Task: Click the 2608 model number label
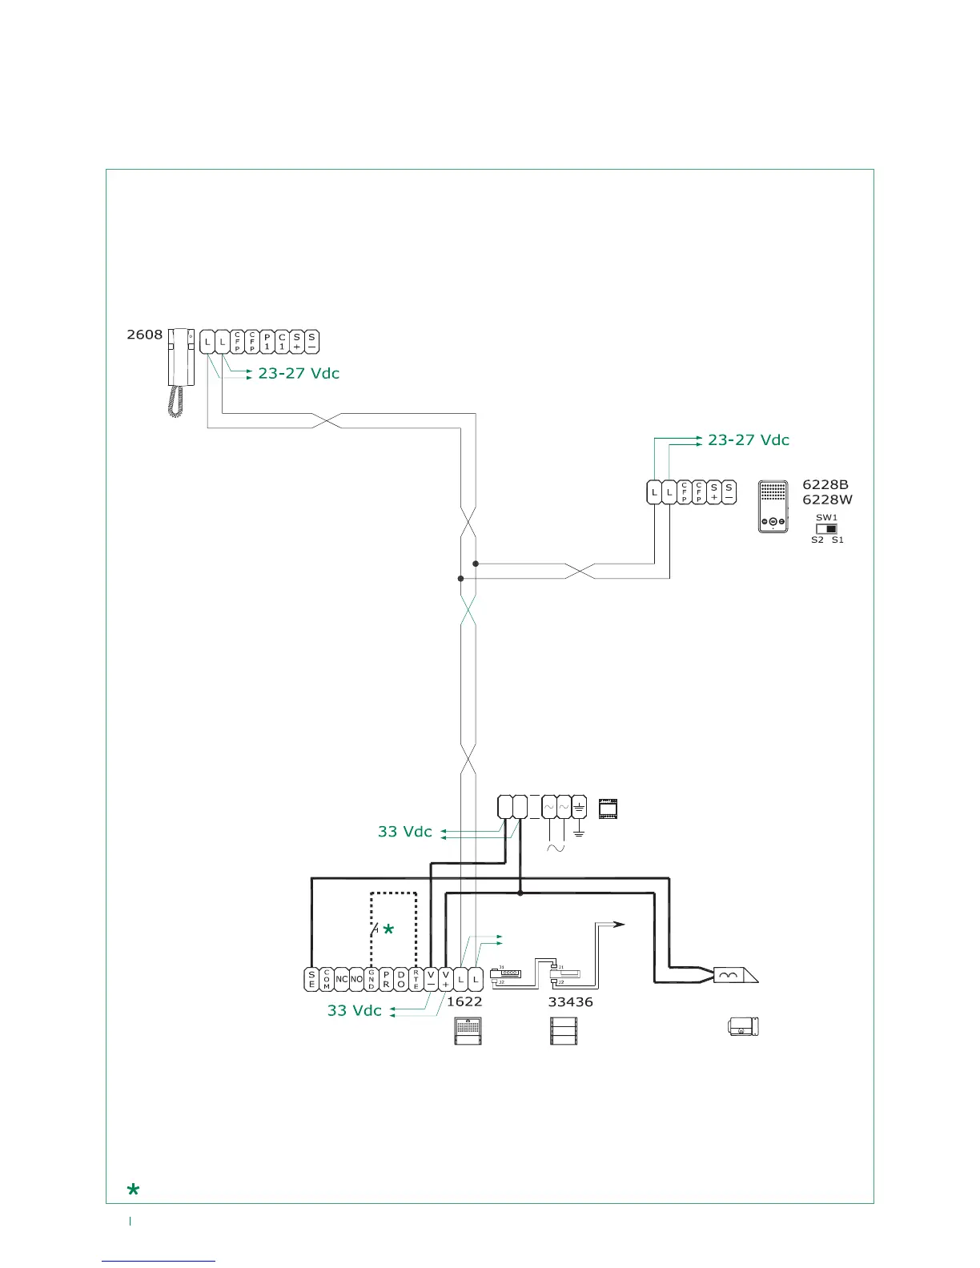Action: (144, 335)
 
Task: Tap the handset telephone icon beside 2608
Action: (180, 371)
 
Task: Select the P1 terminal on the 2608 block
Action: (267, 342)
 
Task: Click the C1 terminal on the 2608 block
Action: (282, 342)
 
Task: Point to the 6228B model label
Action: (825, 484)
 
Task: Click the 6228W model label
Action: (827, 500)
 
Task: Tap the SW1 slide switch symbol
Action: (826, 528)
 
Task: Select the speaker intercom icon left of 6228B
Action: (773, 507)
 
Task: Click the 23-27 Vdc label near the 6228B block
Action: (748, 440)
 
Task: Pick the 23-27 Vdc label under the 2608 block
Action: (299, 374)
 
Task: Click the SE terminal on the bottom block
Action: (311, 979)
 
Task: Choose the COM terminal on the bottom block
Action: (327, 979)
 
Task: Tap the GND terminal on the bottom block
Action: (372, 979)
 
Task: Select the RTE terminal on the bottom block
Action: (416, 979)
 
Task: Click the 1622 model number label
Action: (464, 1001)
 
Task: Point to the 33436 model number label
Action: (570, 1001)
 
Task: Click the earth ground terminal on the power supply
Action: (579, 807)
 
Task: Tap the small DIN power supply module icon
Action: (608, 809)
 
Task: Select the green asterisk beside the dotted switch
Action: (388, 929)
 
